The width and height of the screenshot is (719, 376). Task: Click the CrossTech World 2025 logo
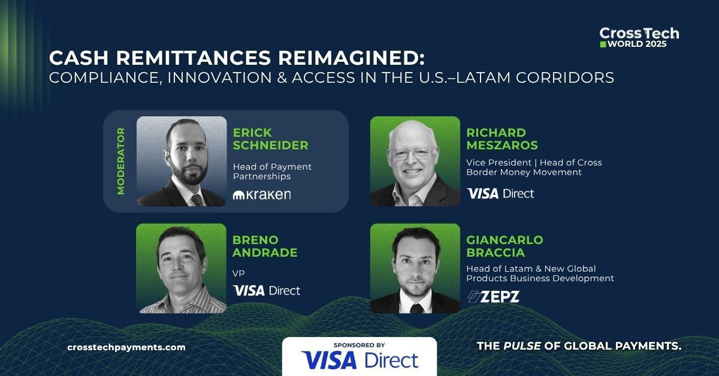[639, 37]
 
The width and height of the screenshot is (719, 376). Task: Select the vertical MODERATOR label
[121, 161]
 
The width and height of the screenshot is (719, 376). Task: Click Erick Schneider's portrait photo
[182, 161]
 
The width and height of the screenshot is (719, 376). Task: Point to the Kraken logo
[262, 194]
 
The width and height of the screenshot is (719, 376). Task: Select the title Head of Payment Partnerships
[272, 172]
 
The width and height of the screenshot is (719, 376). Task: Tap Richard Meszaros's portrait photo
[415, 161]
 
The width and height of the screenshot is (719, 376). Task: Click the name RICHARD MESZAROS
[502, 139]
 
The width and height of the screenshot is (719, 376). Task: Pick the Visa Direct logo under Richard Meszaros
[500, 193]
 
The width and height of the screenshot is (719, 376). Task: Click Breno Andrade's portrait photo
[182, 268]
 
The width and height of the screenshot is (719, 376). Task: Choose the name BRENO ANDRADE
[265, 246]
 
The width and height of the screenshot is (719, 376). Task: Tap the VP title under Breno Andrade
[238, 273]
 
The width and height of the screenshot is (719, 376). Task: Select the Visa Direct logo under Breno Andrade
[267, 291]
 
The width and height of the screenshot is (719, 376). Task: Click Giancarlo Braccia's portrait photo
[415, 268]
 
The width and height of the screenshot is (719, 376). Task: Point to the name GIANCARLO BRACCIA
[504, 246]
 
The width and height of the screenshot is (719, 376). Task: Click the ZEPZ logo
[493, 296]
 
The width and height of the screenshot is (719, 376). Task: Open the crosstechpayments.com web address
[126, 347]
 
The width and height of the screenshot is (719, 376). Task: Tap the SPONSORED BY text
[359, 345]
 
